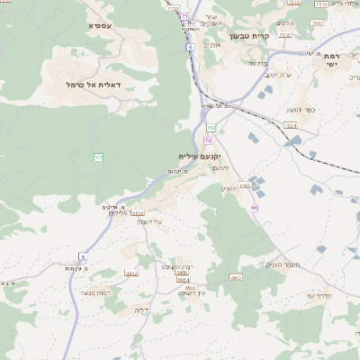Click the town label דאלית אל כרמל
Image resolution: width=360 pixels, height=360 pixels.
tap(100, 84)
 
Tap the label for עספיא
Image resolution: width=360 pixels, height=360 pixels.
tap(100, 26)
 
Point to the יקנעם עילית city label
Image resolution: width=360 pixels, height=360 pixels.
tap(199, 156)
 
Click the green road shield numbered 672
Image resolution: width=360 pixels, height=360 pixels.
tap(98, 157)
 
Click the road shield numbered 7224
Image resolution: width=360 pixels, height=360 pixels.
tap(290, 125)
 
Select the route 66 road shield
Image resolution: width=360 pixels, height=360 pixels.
tap(255, 208)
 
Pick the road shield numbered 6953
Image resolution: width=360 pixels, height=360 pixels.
tap(236, 278)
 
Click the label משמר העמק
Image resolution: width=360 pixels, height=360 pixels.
tap(282, 264)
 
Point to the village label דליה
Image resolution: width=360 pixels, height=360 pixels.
tap(140, 310)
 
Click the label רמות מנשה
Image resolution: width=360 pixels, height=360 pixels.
tap(94, 292)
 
